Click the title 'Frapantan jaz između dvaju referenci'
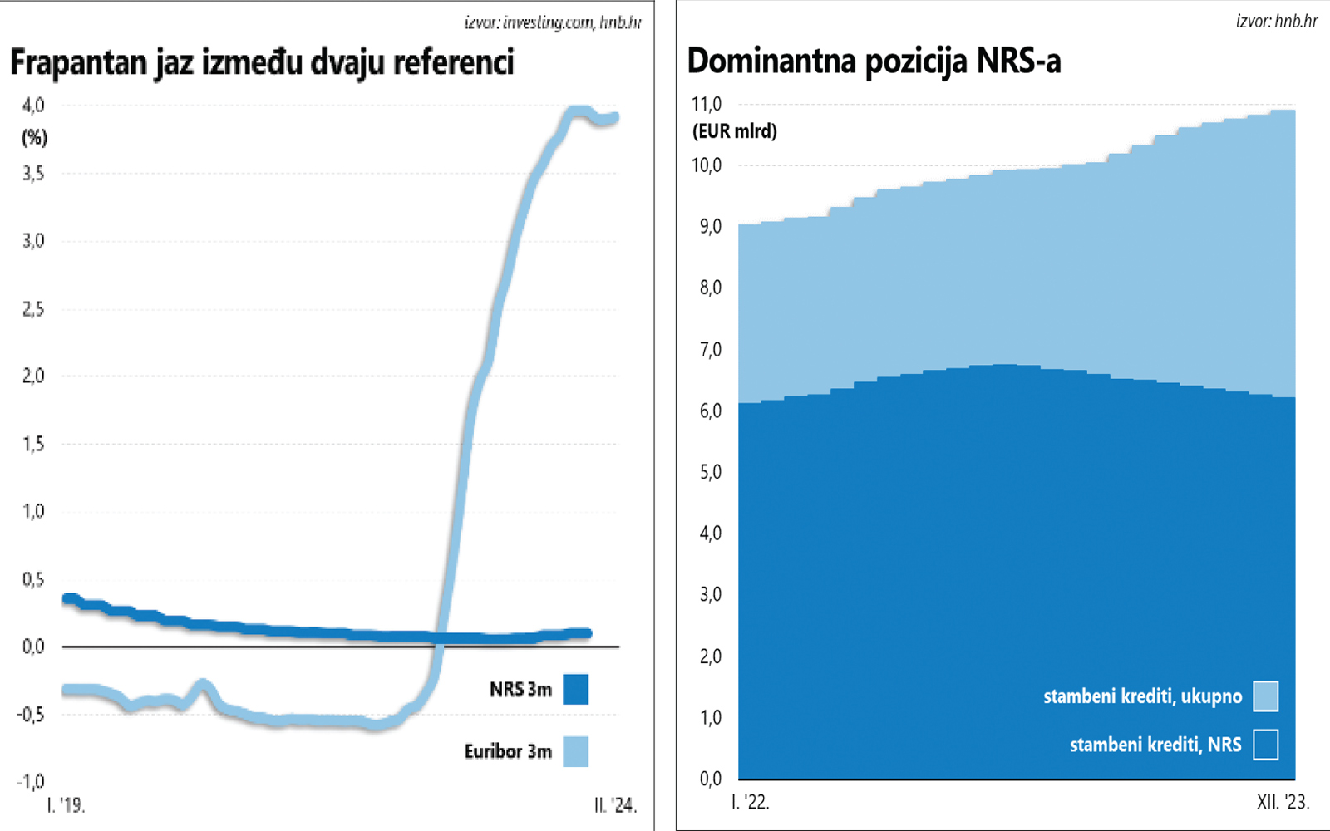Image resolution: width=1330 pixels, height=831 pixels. (263, 63)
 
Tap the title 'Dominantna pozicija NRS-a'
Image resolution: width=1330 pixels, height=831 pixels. (874, 61)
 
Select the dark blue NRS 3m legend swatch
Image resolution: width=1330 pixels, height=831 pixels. (575, 689)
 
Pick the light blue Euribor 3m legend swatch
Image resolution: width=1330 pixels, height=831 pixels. (575, 751)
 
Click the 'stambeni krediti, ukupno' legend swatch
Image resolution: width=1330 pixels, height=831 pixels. (1265, 696)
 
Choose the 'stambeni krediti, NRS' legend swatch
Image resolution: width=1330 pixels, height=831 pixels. (1265, 745)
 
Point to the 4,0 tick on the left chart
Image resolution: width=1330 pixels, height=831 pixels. (33, 106)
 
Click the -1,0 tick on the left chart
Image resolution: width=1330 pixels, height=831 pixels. (31, 782)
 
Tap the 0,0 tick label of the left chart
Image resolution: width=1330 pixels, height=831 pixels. (33, 647)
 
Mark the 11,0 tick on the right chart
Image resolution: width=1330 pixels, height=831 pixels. (707, 105)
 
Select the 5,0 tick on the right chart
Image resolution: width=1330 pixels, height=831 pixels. (710, 472)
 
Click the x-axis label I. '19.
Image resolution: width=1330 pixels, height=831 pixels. (66, 805)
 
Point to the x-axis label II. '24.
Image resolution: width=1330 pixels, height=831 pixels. (615, 805)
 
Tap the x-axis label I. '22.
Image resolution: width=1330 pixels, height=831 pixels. (750, 803)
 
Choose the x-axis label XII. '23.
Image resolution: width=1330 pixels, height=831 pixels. (1283, 803)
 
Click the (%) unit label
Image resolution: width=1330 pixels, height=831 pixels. (34, 137)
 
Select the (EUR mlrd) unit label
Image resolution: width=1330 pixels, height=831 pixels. (735, 131)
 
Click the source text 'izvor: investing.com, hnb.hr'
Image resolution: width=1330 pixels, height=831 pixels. (553, 22)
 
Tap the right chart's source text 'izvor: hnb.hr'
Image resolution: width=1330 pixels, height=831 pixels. (1277, 21)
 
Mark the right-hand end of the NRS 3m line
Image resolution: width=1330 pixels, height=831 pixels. (587, 633)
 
